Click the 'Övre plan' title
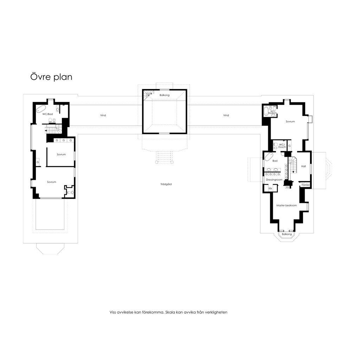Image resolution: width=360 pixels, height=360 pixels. point(51,77)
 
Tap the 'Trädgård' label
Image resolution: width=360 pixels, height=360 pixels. point(166,184)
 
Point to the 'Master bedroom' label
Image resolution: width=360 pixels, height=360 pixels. point(287,205)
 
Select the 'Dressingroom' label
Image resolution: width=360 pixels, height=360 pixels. point(274,180)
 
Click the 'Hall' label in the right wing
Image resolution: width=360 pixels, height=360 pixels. point(303,166)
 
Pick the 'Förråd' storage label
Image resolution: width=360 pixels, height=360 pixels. point(306,185)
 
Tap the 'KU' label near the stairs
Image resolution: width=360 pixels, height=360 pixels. point(288,187)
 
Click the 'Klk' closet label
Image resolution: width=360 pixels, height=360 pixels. point(270,188)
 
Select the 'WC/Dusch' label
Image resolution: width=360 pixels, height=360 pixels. point(282,146)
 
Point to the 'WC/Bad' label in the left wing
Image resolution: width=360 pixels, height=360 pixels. point(47,114)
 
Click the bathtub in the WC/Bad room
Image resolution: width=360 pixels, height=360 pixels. point(41,109)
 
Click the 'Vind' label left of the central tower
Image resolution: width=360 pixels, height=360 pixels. point(103,115)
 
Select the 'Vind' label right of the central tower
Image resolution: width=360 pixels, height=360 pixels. point(226,115)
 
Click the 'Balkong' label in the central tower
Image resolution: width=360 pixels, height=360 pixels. point(165,95)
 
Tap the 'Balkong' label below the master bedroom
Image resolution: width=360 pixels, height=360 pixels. point(287,234)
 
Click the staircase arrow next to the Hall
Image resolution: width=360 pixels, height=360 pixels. point(293,171)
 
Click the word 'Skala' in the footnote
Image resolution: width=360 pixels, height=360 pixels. point(170,312)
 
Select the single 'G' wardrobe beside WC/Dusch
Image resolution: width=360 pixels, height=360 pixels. point(290,146)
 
